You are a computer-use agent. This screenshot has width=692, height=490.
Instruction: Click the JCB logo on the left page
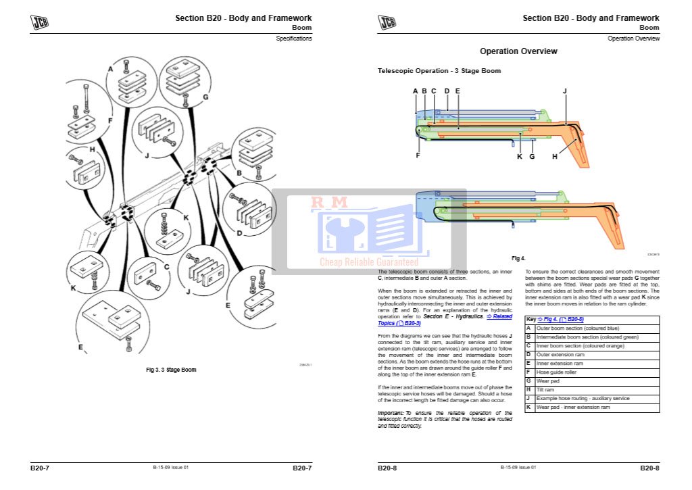[39, 22]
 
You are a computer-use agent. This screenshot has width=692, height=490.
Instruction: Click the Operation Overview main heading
[518, 51]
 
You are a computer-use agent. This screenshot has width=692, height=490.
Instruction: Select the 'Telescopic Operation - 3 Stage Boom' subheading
[439, 71]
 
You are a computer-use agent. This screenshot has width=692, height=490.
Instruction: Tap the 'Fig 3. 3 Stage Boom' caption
[171, 370]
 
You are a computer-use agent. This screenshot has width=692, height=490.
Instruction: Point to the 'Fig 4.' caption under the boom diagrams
[518, 258]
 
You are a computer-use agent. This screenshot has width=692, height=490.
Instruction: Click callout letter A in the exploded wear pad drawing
[110, 69]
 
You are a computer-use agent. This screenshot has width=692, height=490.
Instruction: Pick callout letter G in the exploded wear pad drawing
[205, 97]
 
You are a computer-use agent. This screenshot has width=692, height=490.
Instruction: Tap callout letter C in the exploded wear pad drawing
[166, 266]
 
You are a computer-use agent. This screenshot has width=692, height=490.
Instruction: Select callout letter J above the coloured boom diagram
[564, 91]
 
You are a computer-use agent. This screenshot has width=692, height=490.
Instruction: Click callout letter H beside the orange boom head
[555, 157]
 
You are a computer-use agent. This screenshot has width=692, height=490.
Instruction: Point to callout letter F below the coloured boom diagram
[418, 155]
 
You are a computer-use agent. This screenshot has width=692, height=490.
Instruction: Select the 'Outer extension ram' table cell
[560, 355]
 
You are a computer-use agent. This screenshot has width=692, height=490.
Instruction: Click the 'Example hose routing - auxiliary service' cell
[583, 399]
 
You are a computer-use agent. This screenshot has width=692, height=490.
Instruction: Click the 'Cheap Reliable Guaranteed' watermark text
[369, 262]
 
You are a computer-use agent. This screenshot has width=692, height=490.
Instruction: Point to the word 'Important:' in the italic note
[391, 412]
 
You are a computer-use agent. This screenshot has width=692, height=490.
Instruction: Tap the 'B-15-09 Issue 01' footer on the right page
[518, 467]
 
